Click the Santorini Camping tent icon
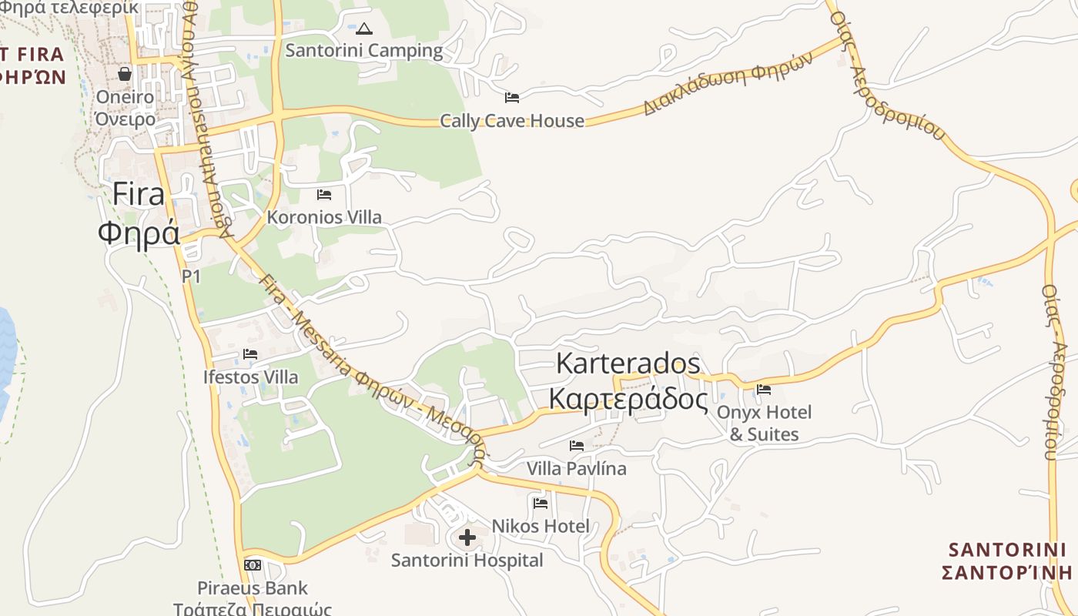pyautogui.click(x=364, y=29)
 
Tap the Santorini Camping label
pyautogui.click(x=364, y=51)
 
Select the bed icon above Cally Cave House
pyautogui.click(x=512, y=97)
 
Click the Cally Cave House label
pyautogui.click(x=512, y=121)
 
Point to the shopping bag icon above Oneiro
pyautogui.click(x=125, y=74)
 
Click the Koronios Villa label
pyautogui.click(x=324, y=217)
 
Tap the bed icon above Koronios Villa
pyautogui.click(x=324, y=194)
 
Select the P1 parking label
pyautogui.click(x=191, y=276)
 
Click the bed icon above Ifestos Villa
pyautogui.click(x=250, y=354)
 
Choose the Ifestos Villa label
pyautogui.click(x=250, y=377)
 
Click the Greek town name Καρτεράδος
pyautogui.click(x=628, y=400)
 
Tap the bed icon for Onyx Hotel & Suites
pyautogui.click(x=764, y=390)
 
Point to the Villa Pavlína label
pyautogui.click(x=577, y=468)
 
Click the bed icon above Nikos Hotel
pyautogui.click(x=541, y=504)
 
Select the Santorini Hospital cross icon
pyautogui.click(x=467, y=537)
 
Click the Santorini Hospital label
pyautogui.click(x=467, y=561)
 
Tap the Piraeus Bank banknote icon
pyautogui.click(x=253, y=565)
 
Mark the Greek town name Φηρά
pyautogui.click(x=139, y=232)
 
